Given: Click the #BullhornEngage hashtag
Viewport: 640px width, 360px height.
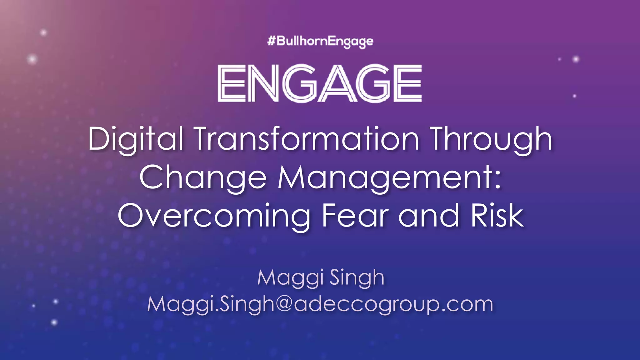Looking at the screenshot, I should tap(320, 41).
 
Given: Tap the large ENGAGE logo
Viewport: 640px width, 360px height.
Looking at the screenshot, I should tap(319, 83).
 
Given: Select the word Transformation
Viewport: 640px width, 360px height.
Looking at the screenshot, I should tap(307, 139).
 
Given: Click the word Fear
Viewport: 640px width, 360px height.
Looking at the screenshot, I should tap(355, 216).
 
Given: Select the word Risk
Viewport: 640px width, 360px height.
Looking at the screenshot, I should tap(497, 216).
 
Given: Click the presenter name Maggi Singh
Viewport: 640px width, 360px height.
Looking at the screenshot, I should tap(321, 277).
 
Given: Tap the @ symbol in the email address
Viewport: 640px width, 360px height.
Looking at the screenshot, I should tap(283, 304).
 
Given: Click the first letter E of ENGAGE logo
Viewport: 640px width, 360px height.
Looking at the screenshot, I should tap(232, 83).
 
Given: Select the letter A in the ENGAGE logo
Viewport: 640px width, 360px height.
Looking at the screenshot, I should tap(337, 83).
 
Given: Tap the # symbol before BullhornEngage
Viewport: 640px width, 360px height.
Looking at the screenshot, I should tap(271, 41).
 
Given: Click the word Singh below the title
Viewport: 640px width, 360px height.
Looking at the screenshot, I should tap(357, 277).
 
